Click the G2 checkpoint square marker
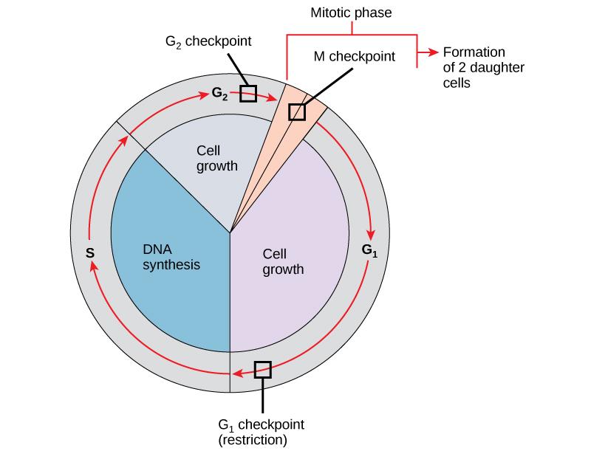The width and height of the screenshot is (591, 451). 248,94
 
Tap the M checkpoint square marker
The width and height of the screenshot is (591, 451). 296,111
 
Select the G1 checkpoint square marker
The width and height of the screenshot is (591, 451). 262,369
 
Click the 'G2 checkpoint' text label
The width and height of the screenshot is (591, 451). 208,42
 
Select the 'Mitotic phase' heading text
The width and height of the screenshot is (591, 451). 351,12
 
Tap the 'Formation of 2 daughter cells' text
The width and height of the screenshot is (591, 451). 474,68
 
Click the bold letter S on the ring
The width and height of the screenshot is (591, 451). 89,252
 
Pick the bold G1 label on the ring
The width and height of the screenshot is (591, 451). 370,249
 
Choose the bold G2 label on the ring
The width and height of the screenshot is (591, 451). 219,94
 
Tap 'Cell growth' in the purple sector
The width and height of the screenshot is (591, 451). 283,261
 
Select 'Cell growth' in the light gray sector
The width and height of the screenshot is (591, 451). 217,157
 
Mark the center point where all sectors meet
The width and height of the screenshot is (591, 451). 230,233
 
